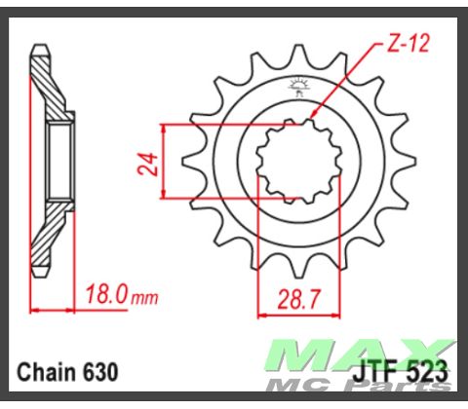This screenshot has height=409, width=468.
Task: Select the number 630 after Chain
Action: (x=102, y=372)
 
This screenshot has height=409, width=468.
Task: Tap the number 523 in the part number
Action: (x=426, y=372)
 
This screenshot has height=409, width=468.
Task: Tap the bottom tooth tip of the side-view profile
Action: (x=38, y=279)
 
